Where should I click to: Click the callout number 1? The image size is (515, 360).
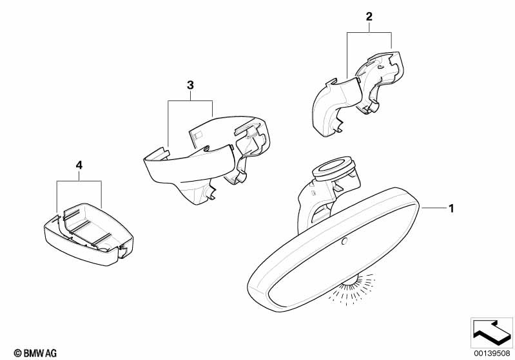[x=451, y=208]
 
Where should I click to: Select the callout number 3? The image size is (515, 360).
[x=190, y=85]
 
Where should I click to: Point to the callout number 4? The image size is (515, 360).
[x=79, y=166]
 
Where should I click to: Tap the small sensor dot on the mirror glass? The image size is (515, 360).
[x=344, y=242]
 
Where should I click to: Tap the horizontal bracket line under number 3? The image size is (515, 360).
[x=190, y=100]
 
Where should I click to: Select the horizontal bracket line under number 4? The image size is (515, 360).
[x=79, y=182]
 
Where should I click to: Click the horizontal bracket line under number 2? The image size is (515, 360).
[x=369, y=33]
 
